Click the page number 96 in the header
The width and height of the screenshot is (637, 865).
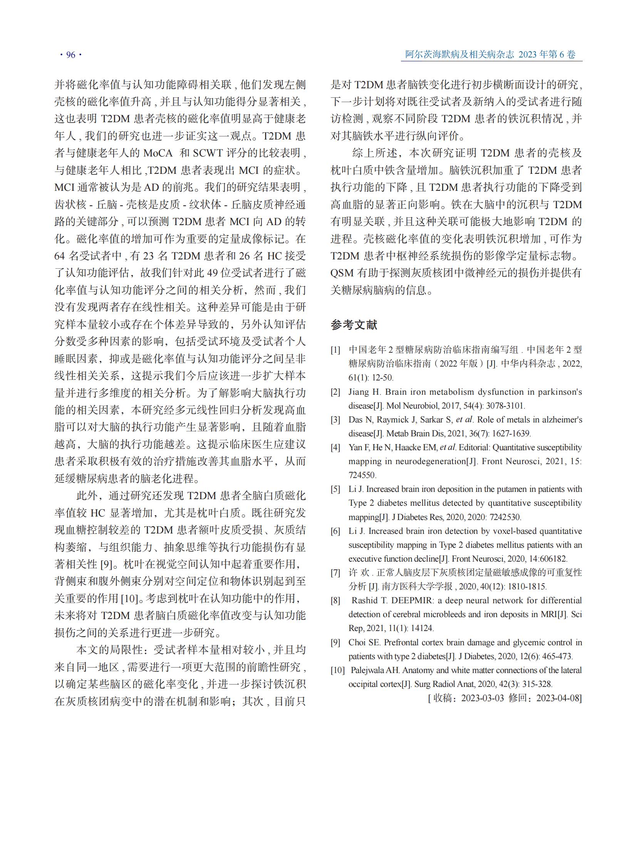tap(70, 55)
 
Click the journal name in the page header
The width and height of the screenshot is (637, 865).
tap(459, 54)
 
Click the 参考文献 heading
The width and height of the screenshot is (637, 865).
tap(354, 325)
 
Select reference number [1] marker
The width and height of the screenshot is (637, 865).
tap(335, 350)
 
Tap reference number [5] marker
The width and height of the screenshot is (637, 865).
tap(335, 490)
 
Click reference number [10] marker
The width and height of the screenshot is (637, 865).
tap(337, 670)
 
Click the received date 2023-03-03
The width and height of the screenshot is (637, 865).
tap(483, 698)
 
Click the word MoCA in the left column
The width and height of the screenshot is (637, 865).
tap(158, 153)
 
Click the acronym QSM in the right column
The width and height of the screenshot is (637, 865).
tap(342, 273)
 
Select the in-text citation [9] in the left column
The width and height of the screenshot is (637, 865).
tap(106, 565)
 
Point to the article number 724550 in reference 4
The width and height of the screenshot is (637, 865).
tap(362, 475)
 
